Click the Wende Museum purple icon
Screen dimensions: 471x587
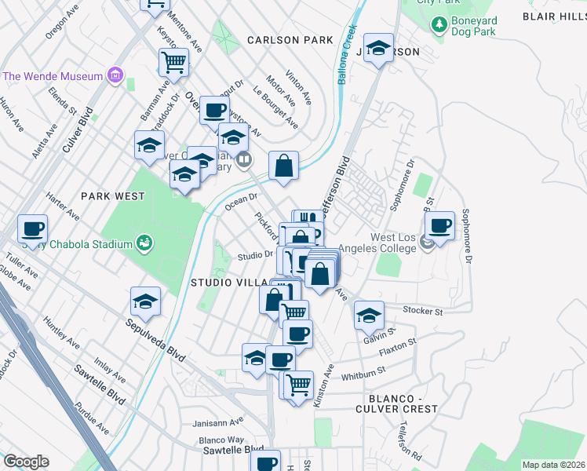[x=115, y=76]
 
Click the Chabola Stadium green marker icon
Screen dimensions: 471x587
[x=143, y=243]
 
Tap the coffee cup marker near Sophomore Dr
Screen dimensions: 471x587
[x=440, y=226]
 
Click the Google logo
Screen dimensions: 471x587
[x=26, y=462]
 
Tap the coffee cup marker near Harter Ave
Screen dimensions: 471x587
[x=33, y=229]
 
